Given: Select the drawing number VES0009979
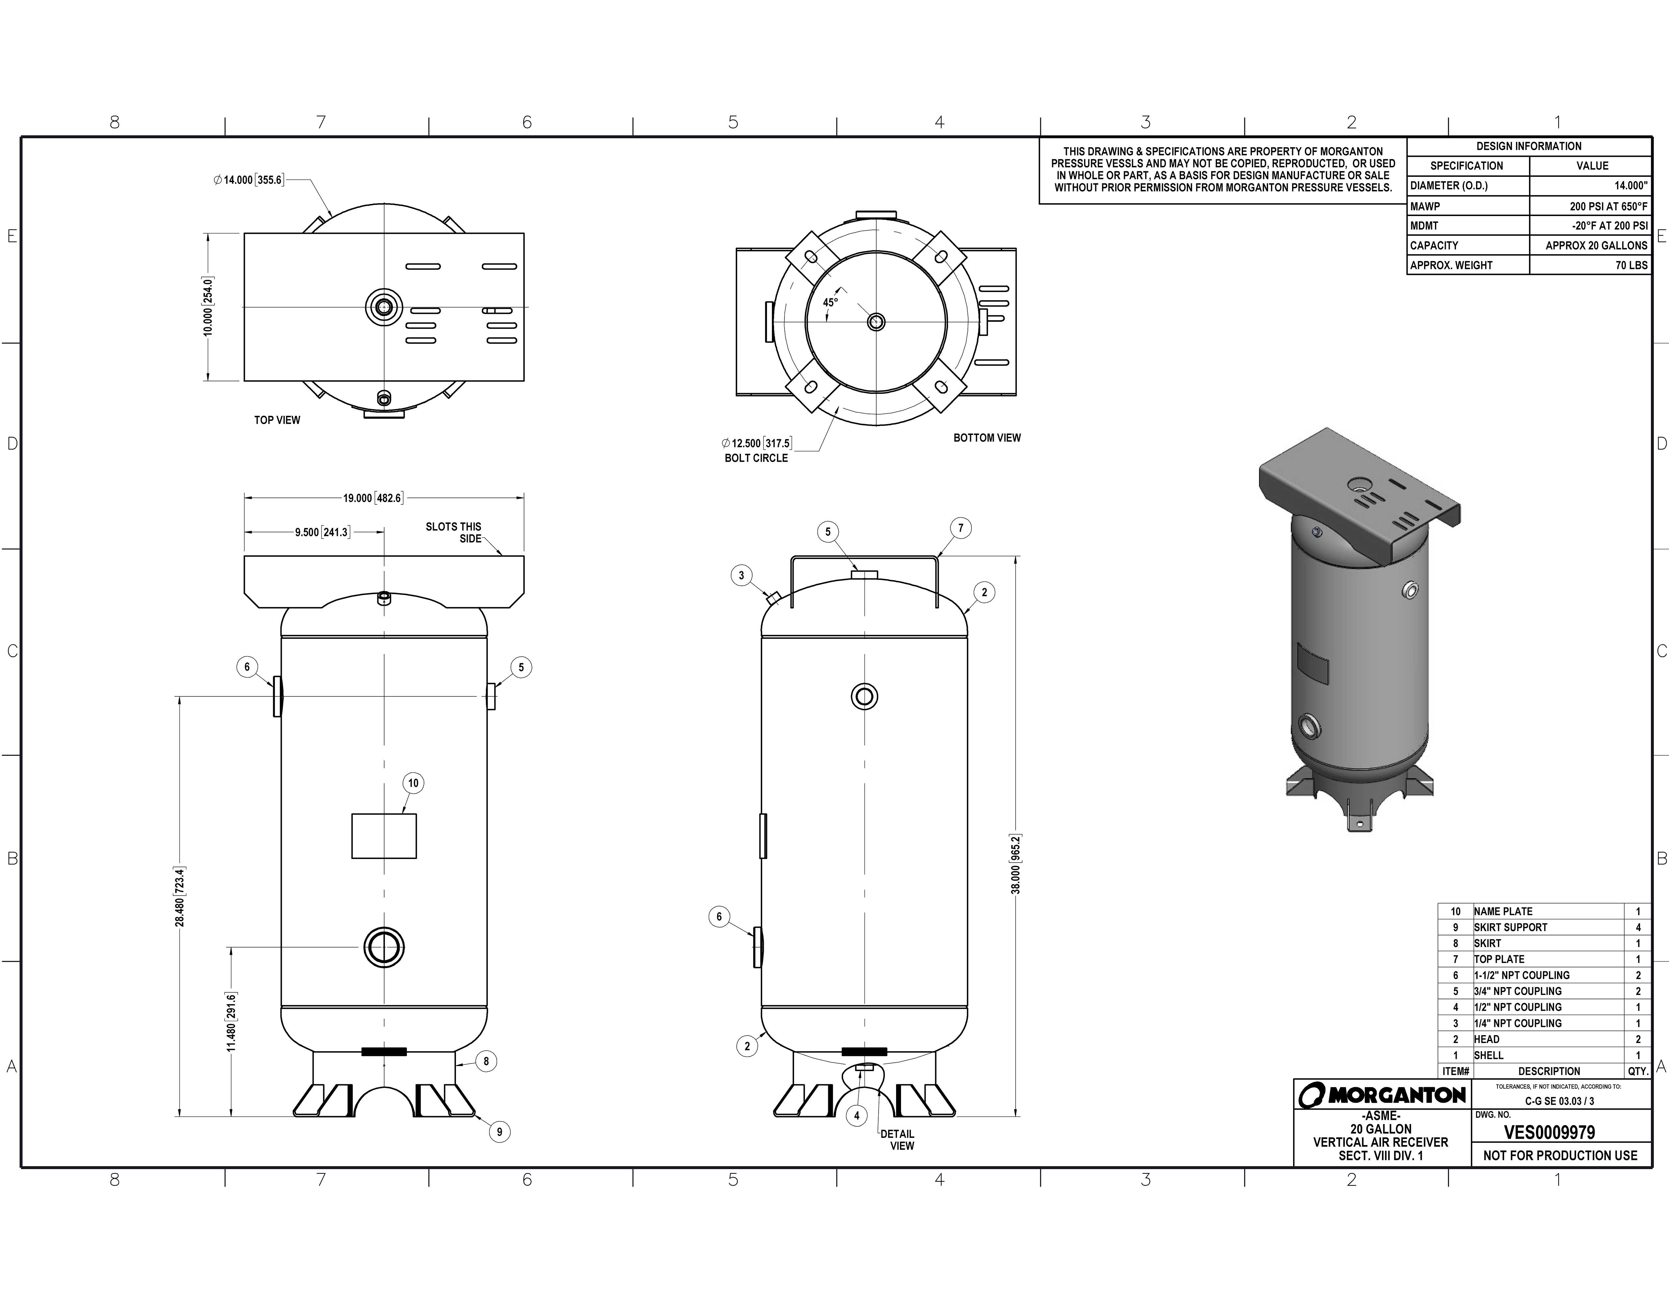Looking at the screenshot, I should coord(1549,1133).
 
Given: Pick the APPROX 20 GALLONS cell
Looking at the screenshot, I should coord(1596,245).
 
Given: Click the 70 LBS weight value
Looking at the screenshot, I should coord(1631,265).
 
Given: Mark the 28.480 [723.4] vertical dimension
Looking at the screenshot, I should coord(180,897).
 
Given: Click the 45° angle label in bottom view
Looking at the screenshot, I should coord(830,303).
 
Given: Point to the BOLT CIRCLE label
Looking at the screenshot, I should coord(756,458).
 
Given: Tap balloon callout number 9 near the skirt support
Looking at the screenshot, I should coord(499,1132).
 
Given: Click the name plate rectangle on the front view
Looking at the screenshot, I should coord(384,836).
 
